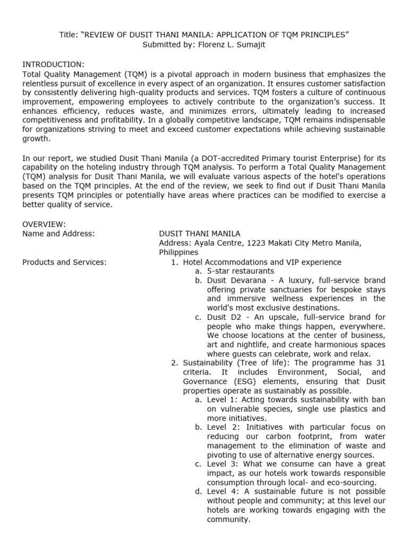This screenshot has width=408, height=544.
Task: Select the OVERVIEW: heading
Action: (44, 224)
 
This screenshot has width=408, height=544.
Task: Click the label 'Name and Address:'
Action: (58, 234)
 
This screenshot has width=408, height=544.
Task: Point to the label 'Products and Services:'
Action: (64, 262)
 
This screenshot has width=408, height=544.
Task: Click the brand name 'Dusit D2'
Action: (223, 317)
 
